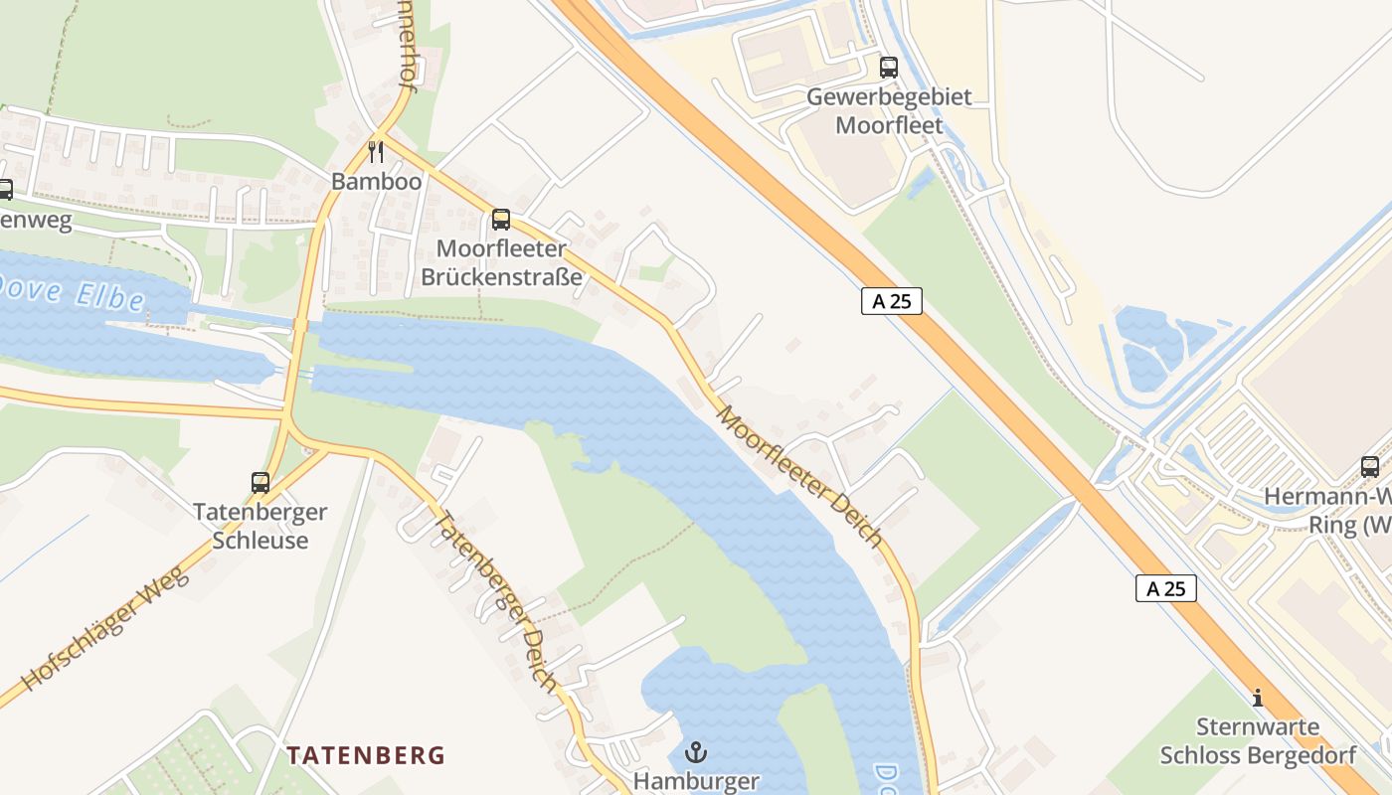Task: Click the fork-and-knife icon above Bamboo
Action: [x=376, y=152]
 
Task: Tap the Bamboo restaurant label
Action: [x=376, y=182]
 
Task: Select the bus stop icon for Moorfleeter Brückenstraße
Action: [x=501, y=220]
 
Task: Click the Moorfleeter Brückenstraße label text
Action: [x=501, y=262]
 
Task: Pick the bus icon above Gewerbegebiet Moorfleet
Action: [x=889, y=68]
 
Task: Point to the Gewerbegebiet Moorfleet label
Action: [x=889, y=111]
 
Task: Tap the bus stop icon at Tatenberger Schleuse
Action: [x=261, y=483]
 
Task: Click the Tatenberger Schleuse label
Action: [x=261, y=527]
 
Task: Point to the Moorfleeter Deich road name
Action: [x=800, y=475]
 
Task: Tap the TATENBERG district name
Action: [x=366, y=755]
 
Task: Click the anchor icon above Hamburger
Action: [x=696, y=751]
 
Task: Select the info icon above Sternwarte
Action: [x=1258, y=698]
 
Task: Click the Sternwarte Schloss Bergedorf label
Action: [x=1258, y=741]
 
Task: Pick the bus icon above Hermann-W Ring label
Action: [x=1370, y=466]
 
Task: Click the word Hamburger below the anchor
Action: [x=696, y=781]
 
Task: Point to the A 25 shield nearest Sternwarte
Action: [x=1165, y=588]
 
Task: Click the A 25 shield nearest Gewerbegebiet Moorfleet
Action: [x=891, y=301]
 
